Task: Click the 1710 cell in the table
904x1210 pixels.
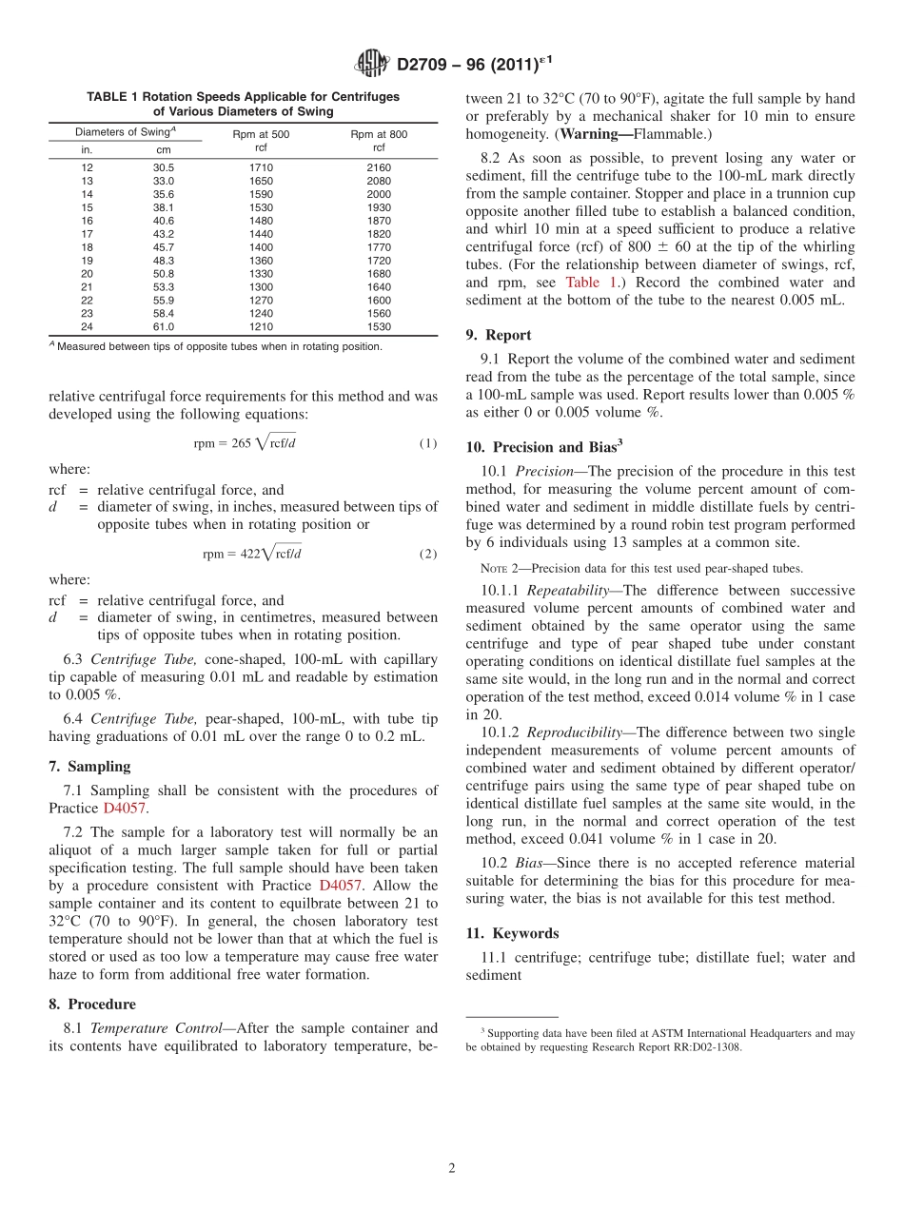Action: pyautogui.click(x=260, y=167)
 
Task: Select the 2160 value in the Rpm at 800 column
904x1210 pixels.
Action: pyautogui.click(x=379, y=167)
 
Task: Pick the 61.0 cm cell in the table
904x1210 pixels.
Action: pyautogui.click(x=164, y=327)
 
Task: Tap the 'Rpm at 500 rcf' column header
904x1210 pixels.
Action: pyautogui.click(x=260, y=141)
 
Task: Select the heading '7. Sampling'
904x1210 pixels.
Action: pyautogui.click(x=89, y=767)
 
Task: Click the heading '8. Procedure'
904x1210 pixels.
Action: pyautogui.click(x=92, y=1005)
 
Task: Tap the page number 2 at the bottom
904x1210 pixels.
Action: pyautogui.click(x=452, y=1169)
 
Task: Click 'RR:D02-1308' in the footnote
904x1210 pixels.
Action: pyautogui.click(x=701, y=1047)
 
